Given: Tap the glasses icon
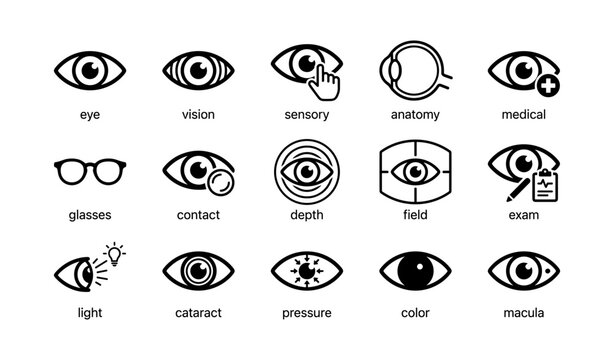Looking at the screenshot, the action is tap(89, 171).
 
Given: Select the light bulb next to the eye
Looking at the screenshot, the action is tap(115, 253).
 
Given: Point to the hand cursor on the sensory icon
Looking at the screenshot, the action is tap(323, 83).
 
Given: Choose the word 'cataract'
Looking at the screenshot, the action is tap(198, 313).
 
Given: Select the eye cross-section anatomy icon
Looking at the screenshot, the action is tap(412, 70).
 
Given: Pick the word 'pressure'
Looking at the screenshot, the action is tap(306, 313).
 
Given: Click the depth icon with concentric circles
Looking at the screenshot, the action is tap(306, 171).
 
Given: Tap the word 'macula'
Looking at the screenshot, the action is tap(524, 313).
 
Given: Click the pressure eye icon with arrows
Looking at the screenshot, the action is tap(306, 270).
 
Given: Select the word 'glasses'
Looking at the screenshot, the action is tap(89, 215).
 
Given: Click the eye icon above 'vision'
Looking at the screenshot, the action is tap(198, 70).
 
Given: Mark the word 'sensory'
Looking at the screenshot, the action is tap(306, 115).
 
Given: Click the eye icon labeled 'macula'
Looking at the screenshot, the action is tap(524, 270).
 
